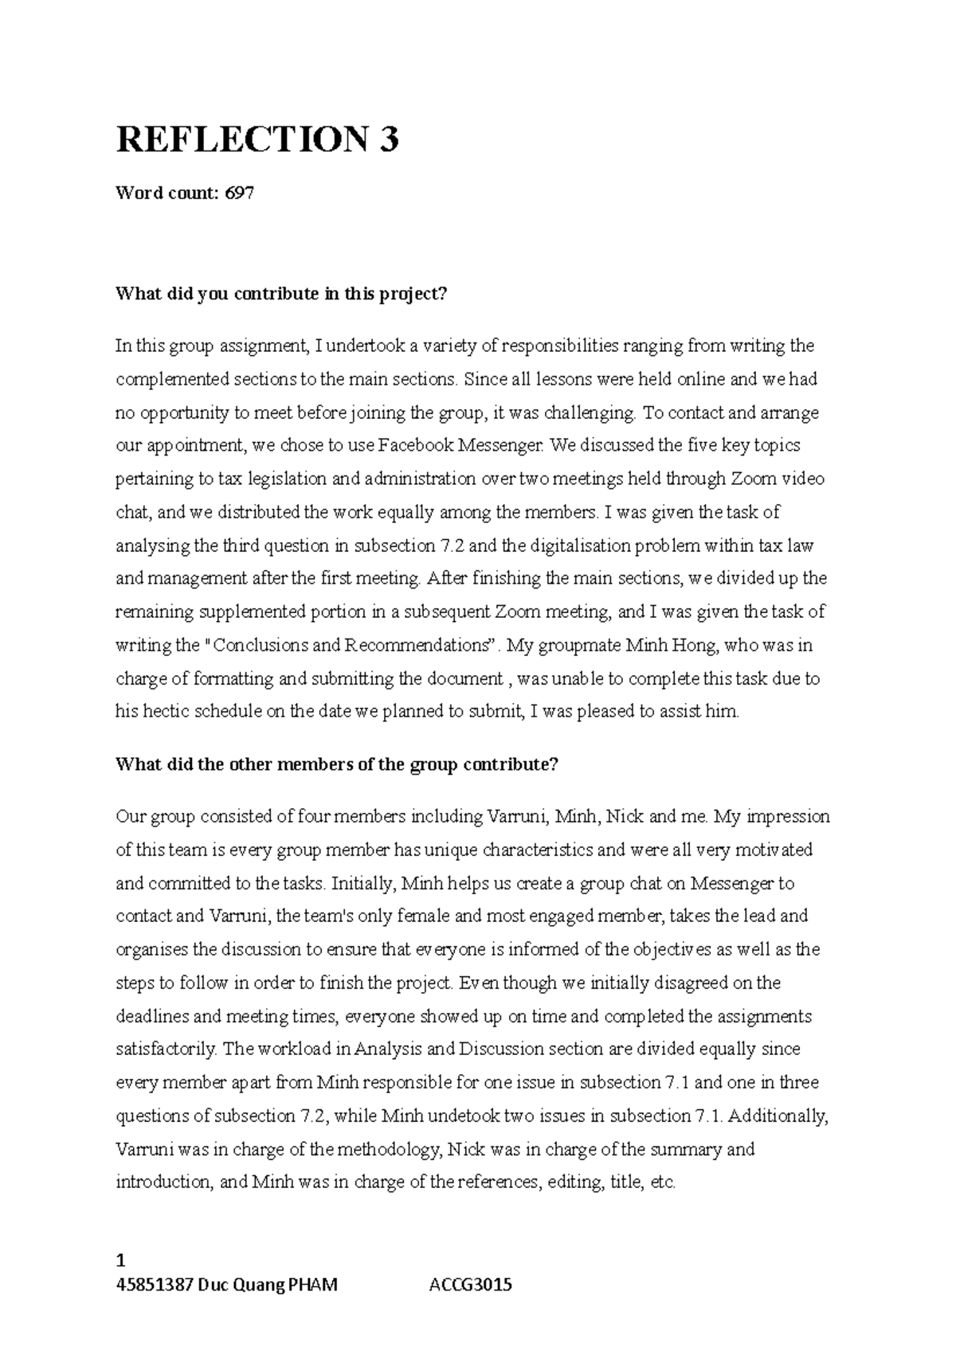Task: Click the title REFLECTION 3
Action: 257,140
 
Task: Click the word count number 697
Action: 240,193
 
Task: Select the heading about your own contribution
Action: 282,294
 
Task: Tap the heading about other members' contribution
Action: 337,765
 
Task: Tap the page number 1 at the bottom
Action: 120,1260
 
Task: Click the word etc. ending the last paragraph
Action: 663,1183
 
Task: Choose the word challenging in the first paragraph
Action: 590,412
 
